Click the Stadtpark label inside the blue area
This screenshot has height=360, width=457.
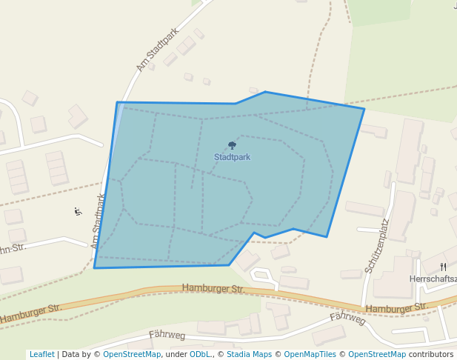click(x=232, y=157)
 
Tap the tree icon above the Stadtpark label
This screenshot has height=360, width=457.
click(x=232, y=146)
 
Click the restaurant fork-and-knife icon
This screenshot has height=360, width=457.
click(x=443, y=267)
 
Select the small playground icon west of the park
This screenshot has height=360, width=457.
click(x=78, y=212)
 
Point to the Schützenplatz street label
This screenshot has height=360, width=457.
click(x=377, y=246)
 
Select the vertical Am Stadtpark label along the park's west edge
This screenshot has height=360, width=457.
click(x=99, y=221)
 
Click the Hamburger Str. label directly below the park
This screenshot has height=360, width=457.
click(x=213, y=288)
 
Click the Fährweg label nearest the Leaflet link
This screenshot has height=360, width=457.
click(x=167, y=335)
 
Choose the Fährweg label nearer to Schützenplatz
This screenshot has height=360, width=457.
click(x=348, y=319)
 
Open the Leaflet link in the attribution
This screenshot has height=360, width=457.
click(x=41, y=354)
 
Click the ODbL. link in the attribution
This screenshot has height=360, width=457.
click(x=200, y=354)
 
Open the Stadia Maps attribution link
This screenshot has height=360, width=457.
click(x=249, y=354)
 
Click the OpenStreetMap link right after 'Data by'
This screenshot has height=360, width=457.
click(x=132, y=354)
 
